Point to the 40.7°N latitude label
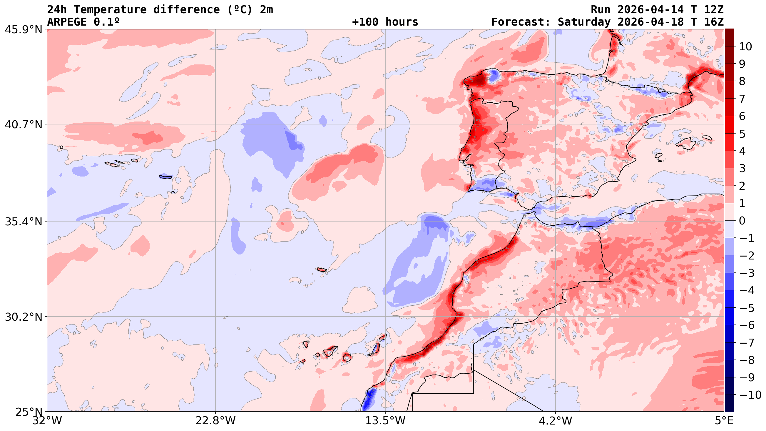pos(23,124)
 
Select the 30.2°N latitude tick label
pos(23,317)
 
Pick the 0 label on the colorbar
pos(742,221)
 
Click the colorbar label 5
pos(742,134)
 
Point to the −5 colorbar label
pos(747,308)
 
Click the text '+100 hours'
pos(385,22)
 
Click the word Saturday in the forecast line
pos(584,22)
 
